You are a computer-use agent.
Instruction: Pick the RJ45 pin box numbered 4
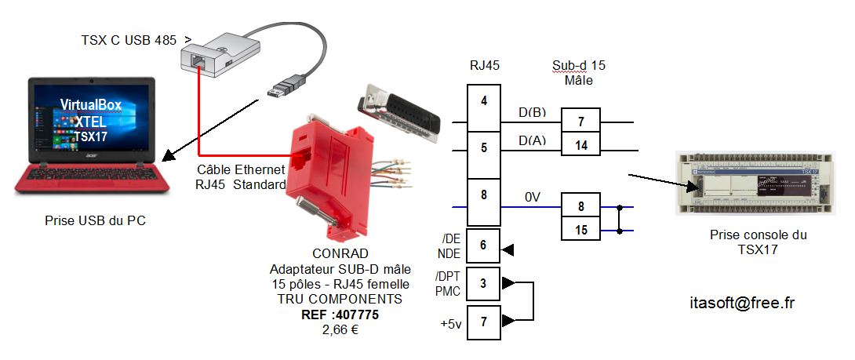(x=484, y=101)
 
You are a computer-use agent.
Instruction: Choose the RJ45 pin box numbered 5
(x=484, y=147)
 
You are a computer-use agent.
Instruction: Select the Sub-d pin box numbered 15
(x=580, y=229)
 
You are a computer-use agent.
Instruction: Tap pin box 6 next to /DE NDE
(x=483, y=245)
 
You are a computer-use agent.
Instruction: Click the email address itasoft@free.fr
(x=742, y=303)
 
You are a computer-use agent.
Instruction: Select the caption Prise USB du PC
(x=95, y=222)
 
